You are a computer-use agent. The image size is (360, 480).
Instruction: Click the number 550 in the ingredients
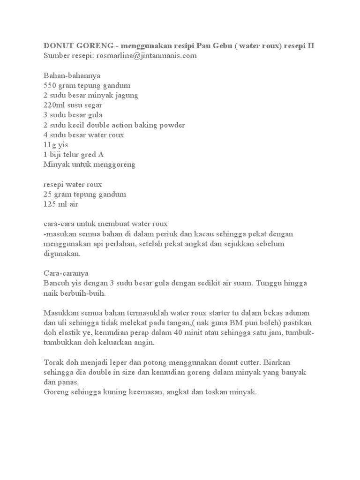[x=51, y=85]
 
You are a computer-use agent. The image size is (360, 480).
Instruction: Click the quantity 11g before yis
[x=49, y=145]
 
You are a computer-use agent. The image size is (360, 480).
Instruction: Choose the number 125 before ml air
[x=51, y=204]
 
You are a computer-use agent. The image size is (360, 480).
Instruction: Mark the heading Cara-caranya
[x=66, y=273]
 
